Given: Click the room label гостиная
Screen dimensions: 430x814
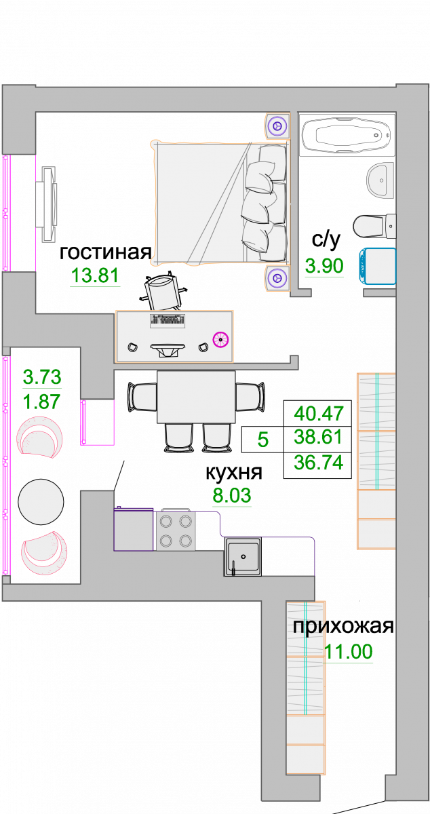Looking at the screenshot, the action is click(x=105, y=253).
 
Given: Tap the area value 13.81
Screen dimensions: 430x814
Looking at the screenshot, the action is click(x=95, y=275).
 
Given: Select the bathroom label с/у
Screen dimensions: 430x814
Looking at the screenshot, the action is click(x=326, y=240).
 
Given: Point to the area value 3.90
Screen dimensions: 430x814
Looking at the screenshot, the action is click(x=324, y=266).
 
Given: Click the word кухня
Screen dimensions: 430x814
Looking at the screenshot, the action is click(x=234, y=472).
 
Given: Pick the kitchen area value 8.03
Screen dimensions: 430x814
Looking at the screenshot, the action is click(x=231, y=495).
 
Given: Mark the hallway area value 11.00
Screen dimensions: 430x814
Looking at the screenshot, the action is click(x=348, y=651).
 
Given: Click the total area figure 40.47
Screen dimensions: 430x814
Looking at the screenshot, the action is click(x=318, y=414).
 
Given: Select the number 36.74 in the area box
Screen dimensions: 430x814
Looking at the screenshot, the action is click(x=318, y=463).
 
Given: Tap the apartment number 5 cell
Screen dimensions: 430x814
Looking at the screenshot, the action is click(x=262, y=440).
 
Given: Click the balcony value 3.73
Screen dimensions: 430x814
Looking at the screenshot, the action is click(x=42, y=377).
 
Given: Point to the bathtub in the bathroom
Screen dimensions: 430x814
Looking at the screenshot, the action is click(x=347, y=135).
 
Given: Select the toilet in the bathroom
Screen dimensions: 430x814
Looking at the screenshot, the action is click(x=374, y=226).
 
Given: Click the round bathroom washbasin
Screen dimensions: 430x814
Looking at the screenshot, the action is click(x=380, y=180).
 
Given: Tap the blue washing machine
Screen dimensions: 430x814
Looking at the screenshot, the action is click(x=377, y=266).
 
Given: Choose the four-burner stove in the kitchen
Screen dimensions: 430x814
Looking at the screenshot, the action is click(x=176, y=531).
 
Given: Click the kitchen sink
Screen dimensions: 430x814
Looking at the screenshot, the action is click(x=243, y=557).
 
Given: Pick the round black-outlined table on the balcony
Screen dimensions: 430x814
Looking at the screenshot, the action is click(x=41, y=502).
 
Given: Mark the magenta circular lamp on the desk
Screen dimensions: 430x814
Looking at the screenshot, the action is click(x=220, y=340).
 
